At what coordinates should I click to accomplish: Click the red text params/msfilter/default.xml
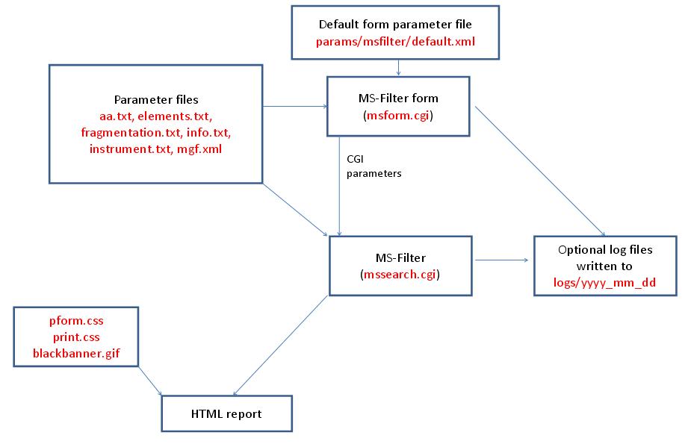pyautogui.click(x=396, y=43)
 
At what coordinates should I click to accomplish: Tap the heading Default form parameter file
pyautogui.click(x=396, y=25)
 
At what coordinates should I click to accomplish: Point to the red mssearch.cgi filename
pyautogui.click(x=401, y=275)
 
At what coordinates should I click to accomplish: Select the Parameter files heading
pyautogui.click(x=155, y=99)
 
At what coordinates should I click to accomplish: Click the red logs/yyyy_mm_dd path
pyautogui.click(x=605, y=283)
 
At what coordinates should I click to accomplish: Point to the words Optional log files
pyautogui.click(x=605, y=249)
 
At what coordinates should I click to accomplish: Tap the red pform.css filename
pyautogui.click(x=76, y=321)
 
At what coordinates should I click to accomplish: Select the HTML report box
pyautogui.click(x=226, y=413)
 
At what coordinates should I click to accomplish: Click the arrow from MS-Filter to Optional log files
pyautogui.click(x=502, y=260)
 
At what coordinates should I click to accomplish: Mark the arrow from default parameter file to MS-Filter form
pyautogui.click(x=399, y=67)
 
